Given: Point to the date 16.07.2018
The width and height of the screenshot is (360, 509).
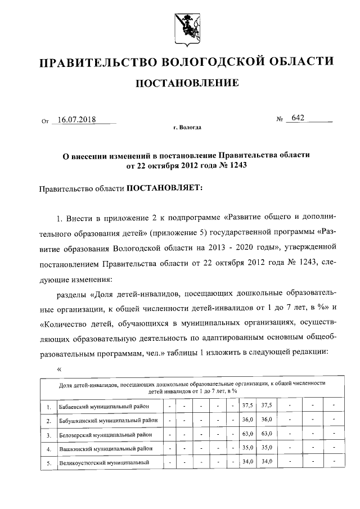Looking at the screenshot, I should pos(76,119).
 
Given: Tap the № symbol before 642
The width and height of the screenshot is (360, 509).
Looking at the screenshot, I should pos(280,120).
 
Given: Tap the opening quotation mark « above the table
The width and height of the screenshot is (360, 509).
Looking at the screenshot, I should pos(59,368).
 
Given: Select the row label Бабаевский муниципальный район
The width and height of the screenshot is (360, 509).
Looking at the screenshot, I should pos(107,406).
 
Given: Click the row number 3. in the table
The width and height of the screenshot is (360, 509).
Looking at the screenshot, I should pos(49,435).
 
